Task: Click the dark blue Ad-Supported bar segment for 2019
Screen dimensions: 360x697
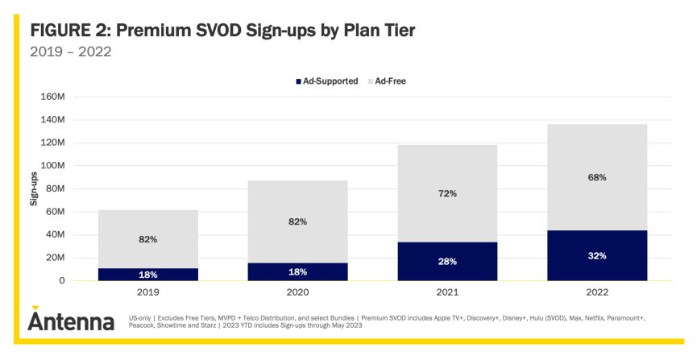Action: (148, 274)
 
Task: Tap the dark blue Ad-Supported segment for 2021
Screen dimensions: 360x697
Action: (447, 261)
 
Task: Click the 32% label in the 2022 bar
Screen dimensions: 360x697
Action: (597, 255)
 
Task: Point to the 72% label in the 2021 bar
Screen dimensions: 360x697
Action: (447, 193)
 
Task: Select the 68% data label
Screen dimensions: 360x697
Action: (597, 177)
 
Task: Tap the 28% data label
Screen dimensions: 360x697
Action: (447, 261)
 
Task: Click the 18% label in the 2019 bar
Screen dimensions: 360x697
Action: (148, 275)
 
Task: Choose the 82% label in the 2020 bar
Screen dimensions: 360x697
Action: (297, 221)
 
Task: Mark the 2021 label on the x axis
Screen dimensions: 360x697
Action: (447, 292)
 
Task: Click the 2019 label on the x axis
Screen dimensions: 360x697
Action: (148, 292)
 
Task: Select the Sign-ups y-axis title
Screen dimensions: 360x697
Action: (35, 188)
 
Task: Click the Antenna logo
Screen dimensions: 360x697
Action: (71, 321)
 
